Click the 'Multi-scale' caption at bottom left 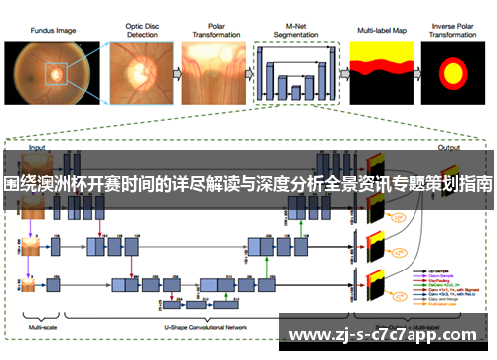coord(42,325)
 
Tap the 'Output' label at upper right coord(449,146)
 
